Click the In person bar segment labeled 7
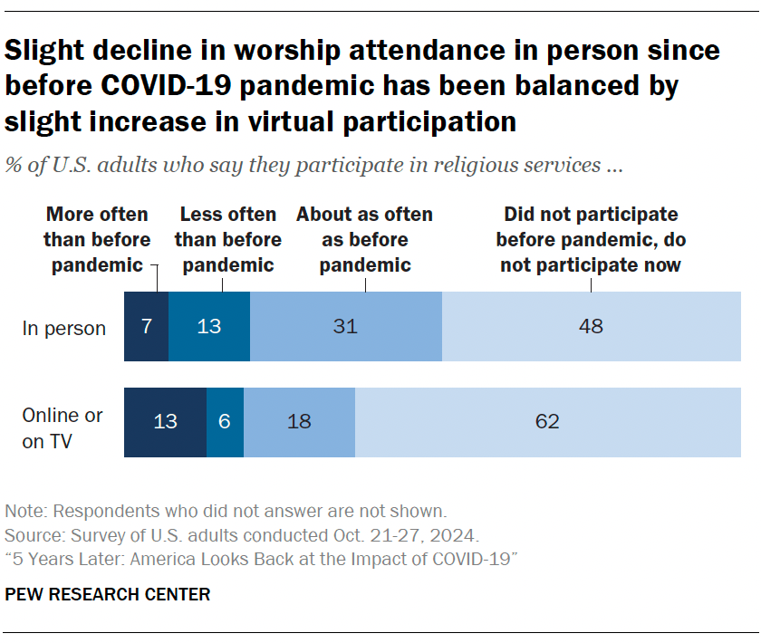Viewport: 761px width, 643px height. pos(146,327)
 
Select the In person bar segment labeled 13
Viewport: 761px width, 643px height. pos(209,327)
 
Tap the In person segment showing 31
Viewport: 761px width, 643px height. pos(345,327)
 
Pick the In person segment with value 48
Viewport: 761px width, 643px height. pos(591,327)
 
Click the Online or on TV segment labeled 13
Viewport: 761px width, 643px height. pos(165,421)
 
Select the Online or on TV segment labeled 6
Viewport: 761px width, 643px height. pos(225,421)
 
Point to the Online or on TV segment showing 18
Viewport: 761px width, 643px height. pos(299,421)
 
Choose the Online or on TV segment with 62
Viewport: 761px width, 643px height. pos(547,421)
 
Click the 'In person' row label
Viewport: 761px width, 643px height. pos(63,328)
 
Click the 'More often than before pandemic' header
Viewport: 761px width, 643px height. pos(97,240)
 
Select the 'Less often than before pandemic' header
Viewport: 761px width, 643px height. pos(227,240)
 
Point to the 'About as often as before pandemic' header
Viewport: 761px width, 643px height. pos(364,240)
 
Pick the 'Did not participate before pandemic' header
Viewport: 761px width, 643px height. pos(591,240)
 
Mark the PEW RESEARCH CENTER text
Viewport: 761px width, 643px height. pos(108,595)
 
